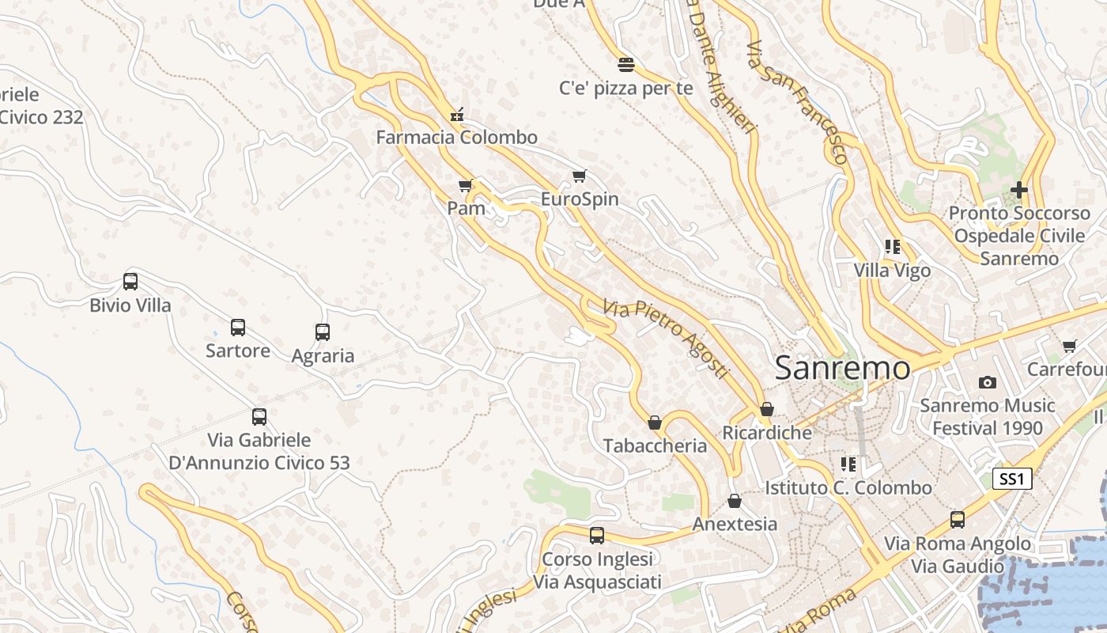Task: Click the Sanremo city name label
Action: coord(842,368)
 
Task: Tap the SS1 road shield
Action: coord(1012,479)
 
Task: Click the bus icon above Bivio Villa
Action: coord(130,281)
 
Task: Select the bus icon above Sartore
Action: coord(237,327)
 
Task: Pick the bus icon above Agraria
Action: coord(323,332)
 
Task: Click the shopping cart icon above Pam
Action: coord(466,186)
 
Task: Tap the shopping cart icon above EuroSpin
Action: coord(580,176)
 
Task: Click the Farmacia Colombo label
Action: coord(456,137)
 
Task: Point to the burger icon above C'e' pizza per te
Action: coord(626,64)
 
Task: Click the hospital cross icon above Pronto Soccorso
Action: coord(1019,190)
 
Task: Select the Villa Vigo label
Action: coord(892,271)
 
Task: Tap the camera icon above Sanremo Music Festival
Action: coord(987,383)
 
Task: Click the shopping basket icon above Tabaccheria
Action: coord(655,423)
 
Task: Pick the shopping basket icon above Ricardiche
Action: coord(766,409)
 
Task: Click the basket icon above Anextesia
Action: coord(735,501)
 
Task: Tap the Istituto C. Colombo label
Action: coord(848,487)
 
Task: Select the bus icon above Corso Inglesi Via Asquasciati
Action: coord(597,536)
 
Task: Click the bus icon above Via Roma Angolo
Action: coord(958,519)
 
